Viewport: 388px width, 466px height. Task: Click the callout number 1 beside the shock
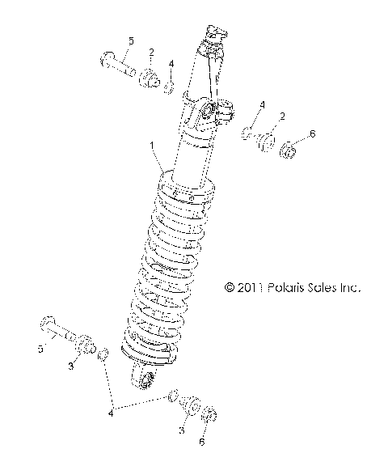coord(150,146)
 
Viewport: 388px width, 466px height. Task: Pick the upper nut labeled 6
coord(289,150)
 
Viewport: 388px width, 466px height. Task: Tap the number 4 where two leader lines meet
coord(110,411)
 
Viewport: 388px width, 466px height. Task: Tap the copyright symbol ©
coord(229,287)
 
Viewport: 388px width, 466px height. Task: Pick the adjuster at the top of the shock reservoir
coord(214,36)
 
